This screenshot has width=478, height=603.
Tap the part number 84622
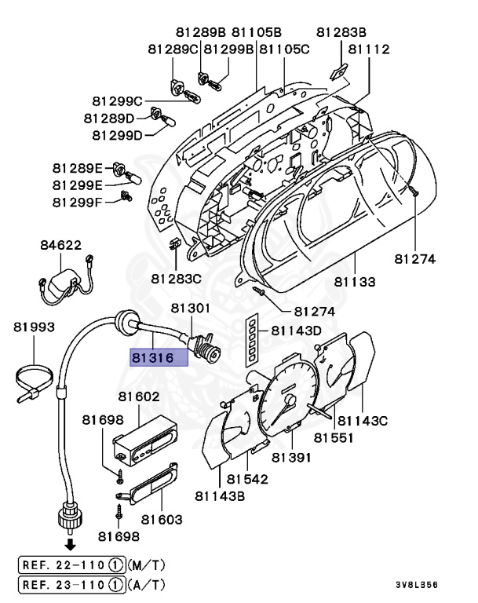[x=60, y=246]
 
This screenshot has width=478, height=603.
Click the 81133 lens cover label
[x=355, y=281]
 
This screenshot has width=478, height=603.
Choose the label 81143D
[x=297, y=331]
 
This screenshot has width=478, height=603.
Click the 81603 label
[x=162, y=519]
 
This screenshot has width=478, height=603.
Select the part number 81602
[x=139, y=398]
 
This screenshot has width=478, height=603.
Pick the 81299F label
[x=78, y=202]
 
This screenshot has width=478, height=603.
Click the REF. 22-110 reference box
[x=71, y=564]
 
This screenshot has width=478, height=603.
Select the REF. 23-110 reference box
[x=71, y=585]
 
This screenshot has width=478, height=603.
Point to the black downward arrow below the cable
[x=70, y=543]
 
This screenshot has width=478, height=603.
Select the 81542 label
[x=248, y=478]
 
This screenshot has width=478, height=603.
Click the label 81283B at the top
[x=341, y=32]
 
